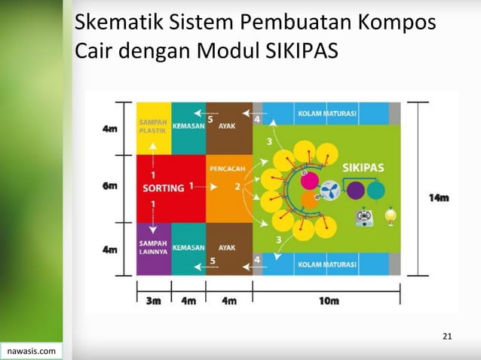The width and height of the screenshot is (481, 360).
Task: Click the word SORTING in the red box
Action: tap(164, 188)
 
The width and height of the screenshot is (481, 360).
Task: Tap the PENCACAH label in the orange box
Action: tap(228, 169)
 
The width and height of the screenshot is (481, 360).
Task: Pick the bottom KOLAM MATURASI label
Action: tap(327, 264)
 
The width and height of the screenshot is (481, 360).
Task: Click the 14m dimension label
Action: tap(439, 198)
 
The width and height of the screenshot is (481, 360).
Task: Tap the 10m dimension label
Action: tap(329, 301)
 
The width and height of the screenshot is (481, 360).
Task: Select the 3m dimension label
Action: tap(153, 301)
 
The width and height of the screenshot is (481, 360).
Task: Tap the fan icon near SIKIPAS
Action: tap(330, 190)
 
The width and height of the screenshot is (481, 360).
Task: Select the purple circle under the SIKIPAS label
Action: tap(355, 189)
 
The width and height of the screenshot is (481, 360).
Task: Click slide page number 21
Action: tap(447, 335)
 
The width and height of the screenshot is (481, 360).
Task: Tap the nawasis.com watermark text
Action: tap(30, 351)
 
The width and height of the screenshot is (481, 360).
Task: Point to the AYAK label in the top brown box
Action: tap(227, 127)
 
